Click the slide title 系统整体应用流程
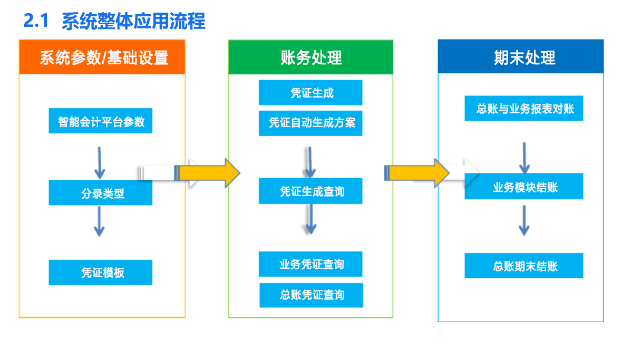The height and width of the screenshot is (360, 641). click(x=133, y=21)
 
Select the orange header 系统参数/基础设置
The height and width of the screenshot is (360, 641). click(x=102, y=57)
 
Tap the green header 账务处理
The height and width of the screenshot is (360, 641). click(x=310, y=57)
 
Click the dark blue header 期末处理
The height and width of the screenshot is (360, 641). click(x=521, y=56)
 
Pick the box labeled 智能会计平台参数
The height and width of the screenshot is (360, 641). click(x=101, y=121)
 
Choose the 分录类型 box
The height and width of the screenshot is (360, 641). click(x=101, y=192)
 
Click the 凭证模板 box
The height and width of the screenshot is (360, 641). click(x=101, y=273)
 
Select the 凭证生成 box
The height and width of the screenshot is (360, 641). click(x=310, y=92)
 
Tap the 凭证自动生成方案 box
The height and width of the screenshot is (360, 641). click(x=310, y=123)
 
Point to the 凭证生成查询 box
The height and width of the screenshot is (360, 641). click(x=310, y=191)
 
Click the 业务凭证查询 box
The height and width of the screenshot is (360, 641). click(x=310, y=264)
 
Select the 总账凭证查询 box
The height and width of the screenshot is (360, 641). click(x=312, y=295)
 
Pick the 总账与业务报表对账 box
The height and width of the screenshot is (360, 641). click(x=524, y=109)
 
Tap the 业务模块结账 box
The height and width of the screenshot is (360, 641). click(x=524, y=186)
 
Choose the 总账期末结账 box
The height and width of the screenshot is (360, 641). click(x=524, y=266)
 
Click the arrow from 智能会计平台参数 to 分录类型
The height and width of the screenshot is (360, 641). click(x=99, y=163)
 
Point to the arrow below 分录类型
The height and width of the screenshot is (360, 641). click(x=99, y=221)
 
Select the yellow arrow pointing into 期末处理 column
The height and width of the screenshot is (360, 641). click(x=416, y=173)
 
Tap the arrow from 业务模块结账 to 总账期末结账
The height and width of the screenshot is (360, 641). click(x=525, y=220)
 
